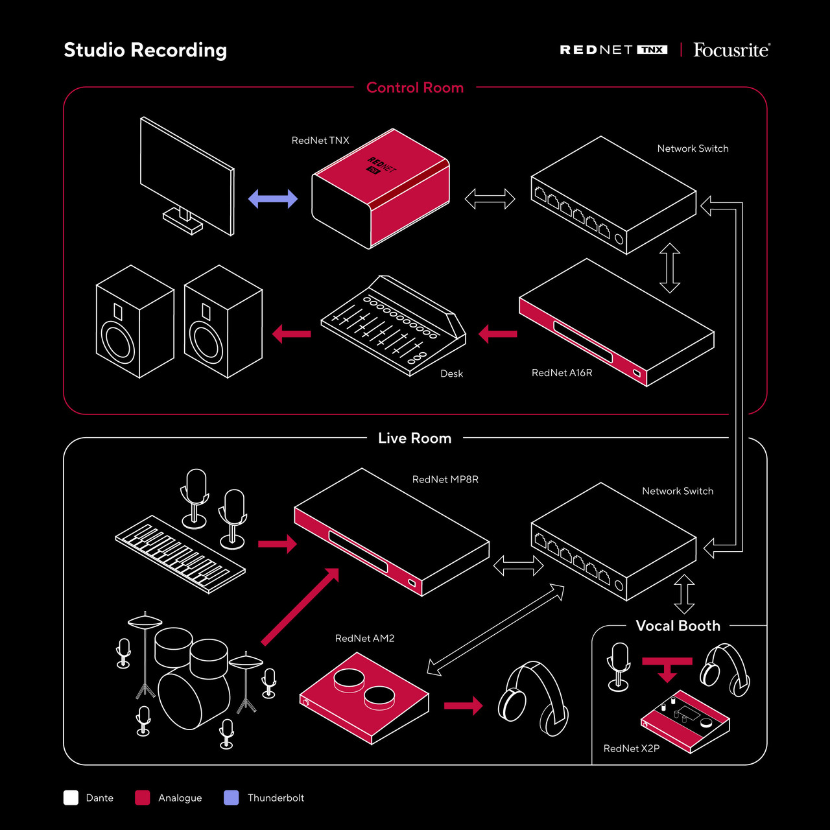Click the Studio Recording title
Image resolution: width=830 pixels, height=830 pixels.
(145, 50)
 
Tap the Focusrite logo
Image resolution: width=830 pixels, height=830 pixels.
(731, 50)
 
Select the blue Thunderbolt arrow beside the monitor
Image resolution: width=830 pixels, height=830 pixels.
(273, 199)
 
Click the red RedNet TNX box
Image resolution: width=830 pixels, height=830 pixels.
(381, 189)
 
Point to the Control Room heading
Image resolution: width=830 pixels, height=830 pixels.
(415, 88)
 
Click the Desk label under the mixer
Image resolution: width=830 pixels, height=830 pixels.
(451, 373)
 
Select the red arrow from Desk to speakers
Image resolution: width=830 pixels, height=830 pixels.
(292, 334)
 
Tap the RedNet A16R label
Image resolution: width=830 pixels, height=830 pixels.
(562, 373)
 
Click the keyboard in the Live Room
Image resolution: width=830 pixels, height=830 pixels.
(180, 554)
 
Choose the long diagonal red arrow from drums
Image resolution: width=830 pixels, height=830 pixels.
(300, 606)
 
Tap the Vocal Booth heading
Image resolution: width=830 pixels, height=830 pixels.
(678, 626)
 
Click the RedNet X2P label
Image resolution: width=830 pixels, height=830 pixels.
(631, 748)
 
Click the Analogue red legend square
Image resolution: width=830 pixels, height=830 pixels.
(143, 798)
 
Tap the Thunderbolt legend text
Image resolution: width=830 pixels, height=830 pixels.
(276, 798)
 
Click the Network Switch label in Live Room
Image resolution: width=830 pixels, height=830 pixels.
(678, 491)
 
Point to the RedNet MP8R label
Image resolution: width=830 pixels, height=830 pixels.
(445, 479)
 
